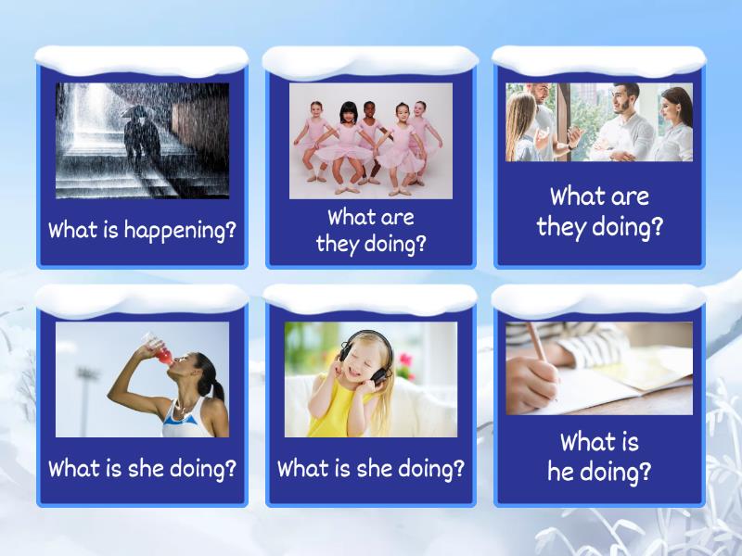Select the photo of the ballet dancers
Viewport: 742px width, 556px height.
tap(371, 141)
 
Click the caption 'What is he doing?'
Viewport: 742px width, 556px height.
tap(599, 457)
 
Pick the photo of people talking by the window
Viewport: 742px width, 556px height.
tap(599, 122)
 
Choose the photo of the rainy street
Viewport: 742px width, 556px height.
tap(142, 141)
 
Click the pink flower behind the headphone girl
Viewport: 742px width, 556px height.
tap(403, 360)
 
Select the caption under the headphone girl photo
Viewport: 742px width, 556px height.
tap(371, 469)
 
